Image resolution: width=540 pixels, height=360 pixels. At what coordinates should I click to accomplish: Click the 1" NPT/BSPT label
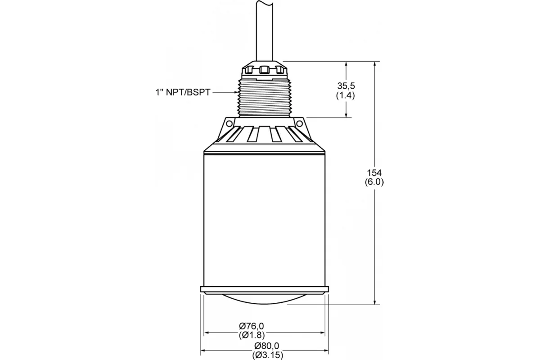pyautogui.click(x=183, y=92)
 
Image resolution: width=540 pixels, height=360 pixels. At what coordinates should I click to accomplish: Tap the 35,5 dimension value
pyautogui.click(x=346, y=85)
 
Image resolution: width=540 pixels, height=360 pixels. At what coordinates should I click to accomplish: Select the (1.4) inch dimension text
pyautogui.click(x=346, y=96)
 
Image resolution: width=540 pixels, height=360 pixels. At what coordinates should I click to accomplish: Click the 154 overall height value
pyautogui.click(x=374, y=173)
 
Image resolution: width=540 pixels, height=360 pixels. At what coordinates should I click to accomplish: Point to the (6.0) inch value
pyautogui.click(x=374, y=182)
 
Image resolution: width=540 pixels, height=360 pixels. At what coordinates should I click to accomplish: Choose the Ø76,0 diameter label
pyautogui.click(x=252, y=326)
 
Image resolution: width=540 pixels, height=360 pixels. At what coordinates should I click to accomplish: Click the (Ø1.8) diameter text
pyautogui.click(x=252, y=335)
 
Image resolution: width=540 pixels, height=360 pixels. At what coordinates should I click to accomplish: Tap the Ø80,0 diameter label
pyautogui.click(x=266, y=346)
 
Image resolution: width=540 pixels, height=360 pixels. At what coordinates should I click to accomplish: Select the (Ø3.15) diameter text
pyautogui.click(x=268, y=355)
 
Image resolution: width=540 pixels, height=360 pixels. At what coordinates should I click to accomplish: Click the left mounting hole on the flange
pyautogui.click(x=229, y=124)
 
